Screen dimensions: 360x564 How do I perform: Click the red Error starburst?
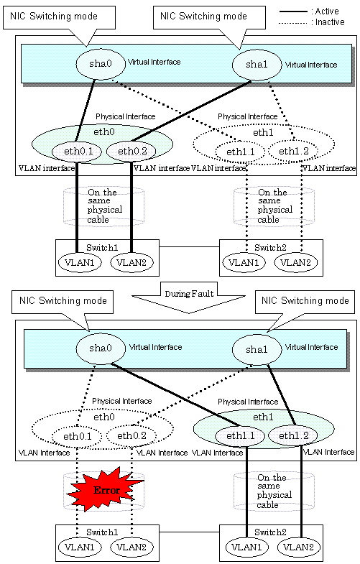106,489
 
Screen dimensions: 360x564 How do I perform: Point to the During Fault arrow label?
189,294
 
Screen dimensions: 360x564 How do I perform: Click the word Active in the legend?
327,11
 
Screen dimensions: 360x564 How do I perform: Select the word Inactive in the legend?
330,22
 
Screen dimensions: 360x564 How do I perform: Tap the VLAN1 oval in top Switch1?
80,262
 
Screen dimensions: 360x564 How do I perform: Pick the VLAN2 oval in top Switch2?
295,262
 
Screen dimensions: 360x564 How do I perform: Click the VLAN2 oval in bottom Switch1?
131,547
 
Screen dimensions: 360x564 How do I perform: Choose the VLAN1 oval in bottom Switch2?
246,547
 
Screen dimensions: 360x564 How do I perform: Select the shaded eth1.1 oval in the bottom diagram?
240,436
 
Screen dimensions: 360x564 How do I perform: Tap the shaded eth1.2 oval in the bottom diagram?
294,436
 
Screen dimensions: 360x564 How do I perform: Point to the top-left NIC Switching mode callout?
59,18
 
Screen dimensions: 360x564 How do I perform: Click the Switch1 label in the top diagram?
102,248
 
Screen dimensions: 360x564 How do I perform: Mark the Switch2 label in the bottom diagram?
270,532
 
